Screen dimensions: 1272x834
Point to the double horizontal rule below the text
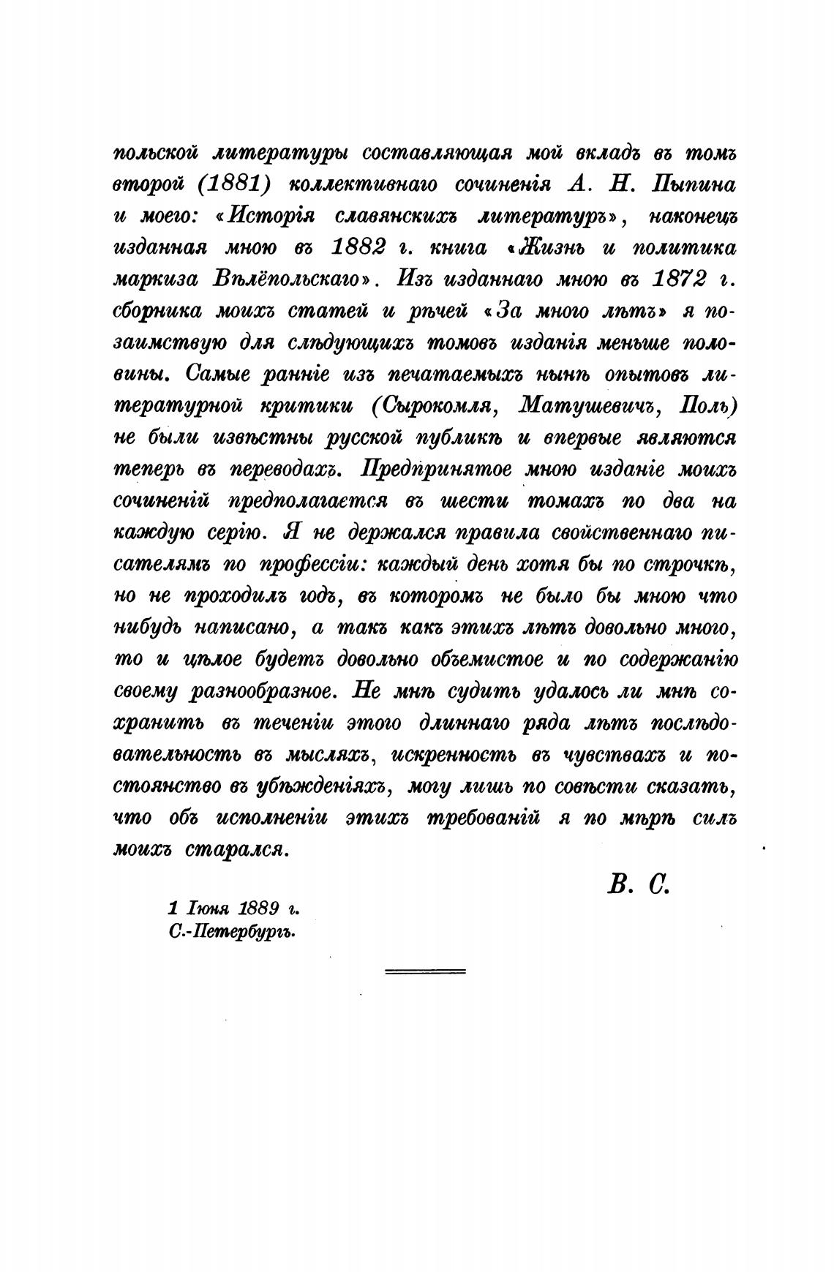pos(425,971)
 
